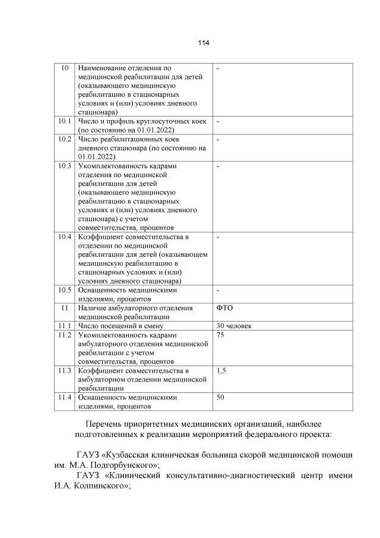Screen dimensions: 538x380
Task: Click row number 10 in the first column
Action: point(65,69)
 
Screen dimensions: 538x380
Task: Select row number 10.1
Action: point(65,121)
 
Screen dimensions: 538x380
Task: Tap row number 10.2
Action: point(65,139)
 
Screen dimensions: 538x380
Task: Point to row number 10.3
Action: point(65,166)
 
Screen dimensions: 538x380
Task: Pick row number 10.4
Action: point(65,237)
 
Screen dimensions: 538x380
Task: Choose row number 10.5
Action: point(65,290)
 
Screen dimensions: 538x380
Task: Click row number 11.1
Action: point(65,326)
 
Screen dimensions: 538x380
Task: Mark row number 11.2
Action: point(65,335)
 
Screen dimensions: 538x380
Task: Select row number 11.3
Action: point(65,370)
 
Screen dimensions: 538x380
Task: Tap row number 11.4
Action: point(65,397)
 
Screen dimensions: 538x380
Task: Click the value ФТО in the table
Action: point(226,308)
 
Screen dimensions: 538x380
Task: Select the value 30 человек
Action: point(235,326)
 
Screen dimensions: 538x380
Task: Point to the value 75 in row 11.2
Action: point(220,335)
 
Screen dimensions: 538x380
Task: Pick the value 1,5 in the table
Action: point(221,370)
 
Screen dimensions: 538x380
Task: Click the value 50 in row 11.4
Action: point(220,397)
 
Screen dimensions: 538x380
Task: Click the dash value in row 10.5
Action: point(218,290)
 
